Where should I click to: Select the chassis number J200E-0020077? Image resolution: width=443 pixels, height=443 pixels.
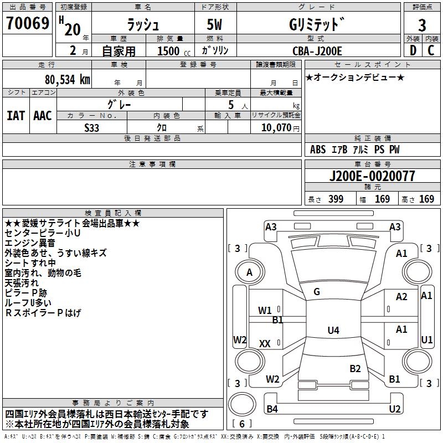pos(372,177)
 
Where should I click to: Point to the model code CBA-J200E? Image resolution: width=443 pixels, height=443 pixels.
pos(317,51)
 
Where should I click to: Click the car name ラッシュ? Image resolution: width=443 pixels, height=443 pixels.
pos(143,25)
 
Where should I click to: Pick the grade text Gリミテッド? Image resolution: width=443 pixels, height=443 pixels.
pos(317,25)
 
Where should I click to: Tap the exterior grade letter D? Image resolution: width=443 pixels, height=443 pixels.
pos(413,51)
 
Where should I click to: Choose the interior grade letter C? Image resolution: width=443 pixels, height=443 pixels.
pos(431,51)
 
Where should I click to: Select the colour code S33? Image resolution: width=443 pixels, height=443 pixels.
pos(92,127)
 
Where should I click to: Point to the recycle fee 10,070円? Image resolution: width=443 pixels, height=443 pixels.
pos(275,127)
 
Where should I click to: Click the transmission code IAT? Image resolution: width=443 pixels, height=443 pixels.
pos(15,116)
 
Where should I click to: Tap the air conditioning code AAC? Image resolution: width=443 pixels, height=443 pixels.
pos(42,116)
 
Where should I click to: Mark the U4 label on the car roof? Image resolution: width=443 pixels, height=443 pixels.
pos(333,331)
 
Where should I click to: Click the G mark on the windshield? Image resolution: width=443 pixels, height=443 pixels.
pos(317,291)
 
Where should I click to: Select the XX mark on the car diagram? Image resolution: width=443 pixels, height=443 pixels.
pos(265,344)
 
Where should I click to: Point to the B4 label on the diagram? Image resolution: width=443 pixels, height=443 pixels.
pos(272,409)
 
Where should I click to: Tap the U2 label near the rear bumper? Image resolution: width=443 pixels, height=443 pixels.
pos(394,409)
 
